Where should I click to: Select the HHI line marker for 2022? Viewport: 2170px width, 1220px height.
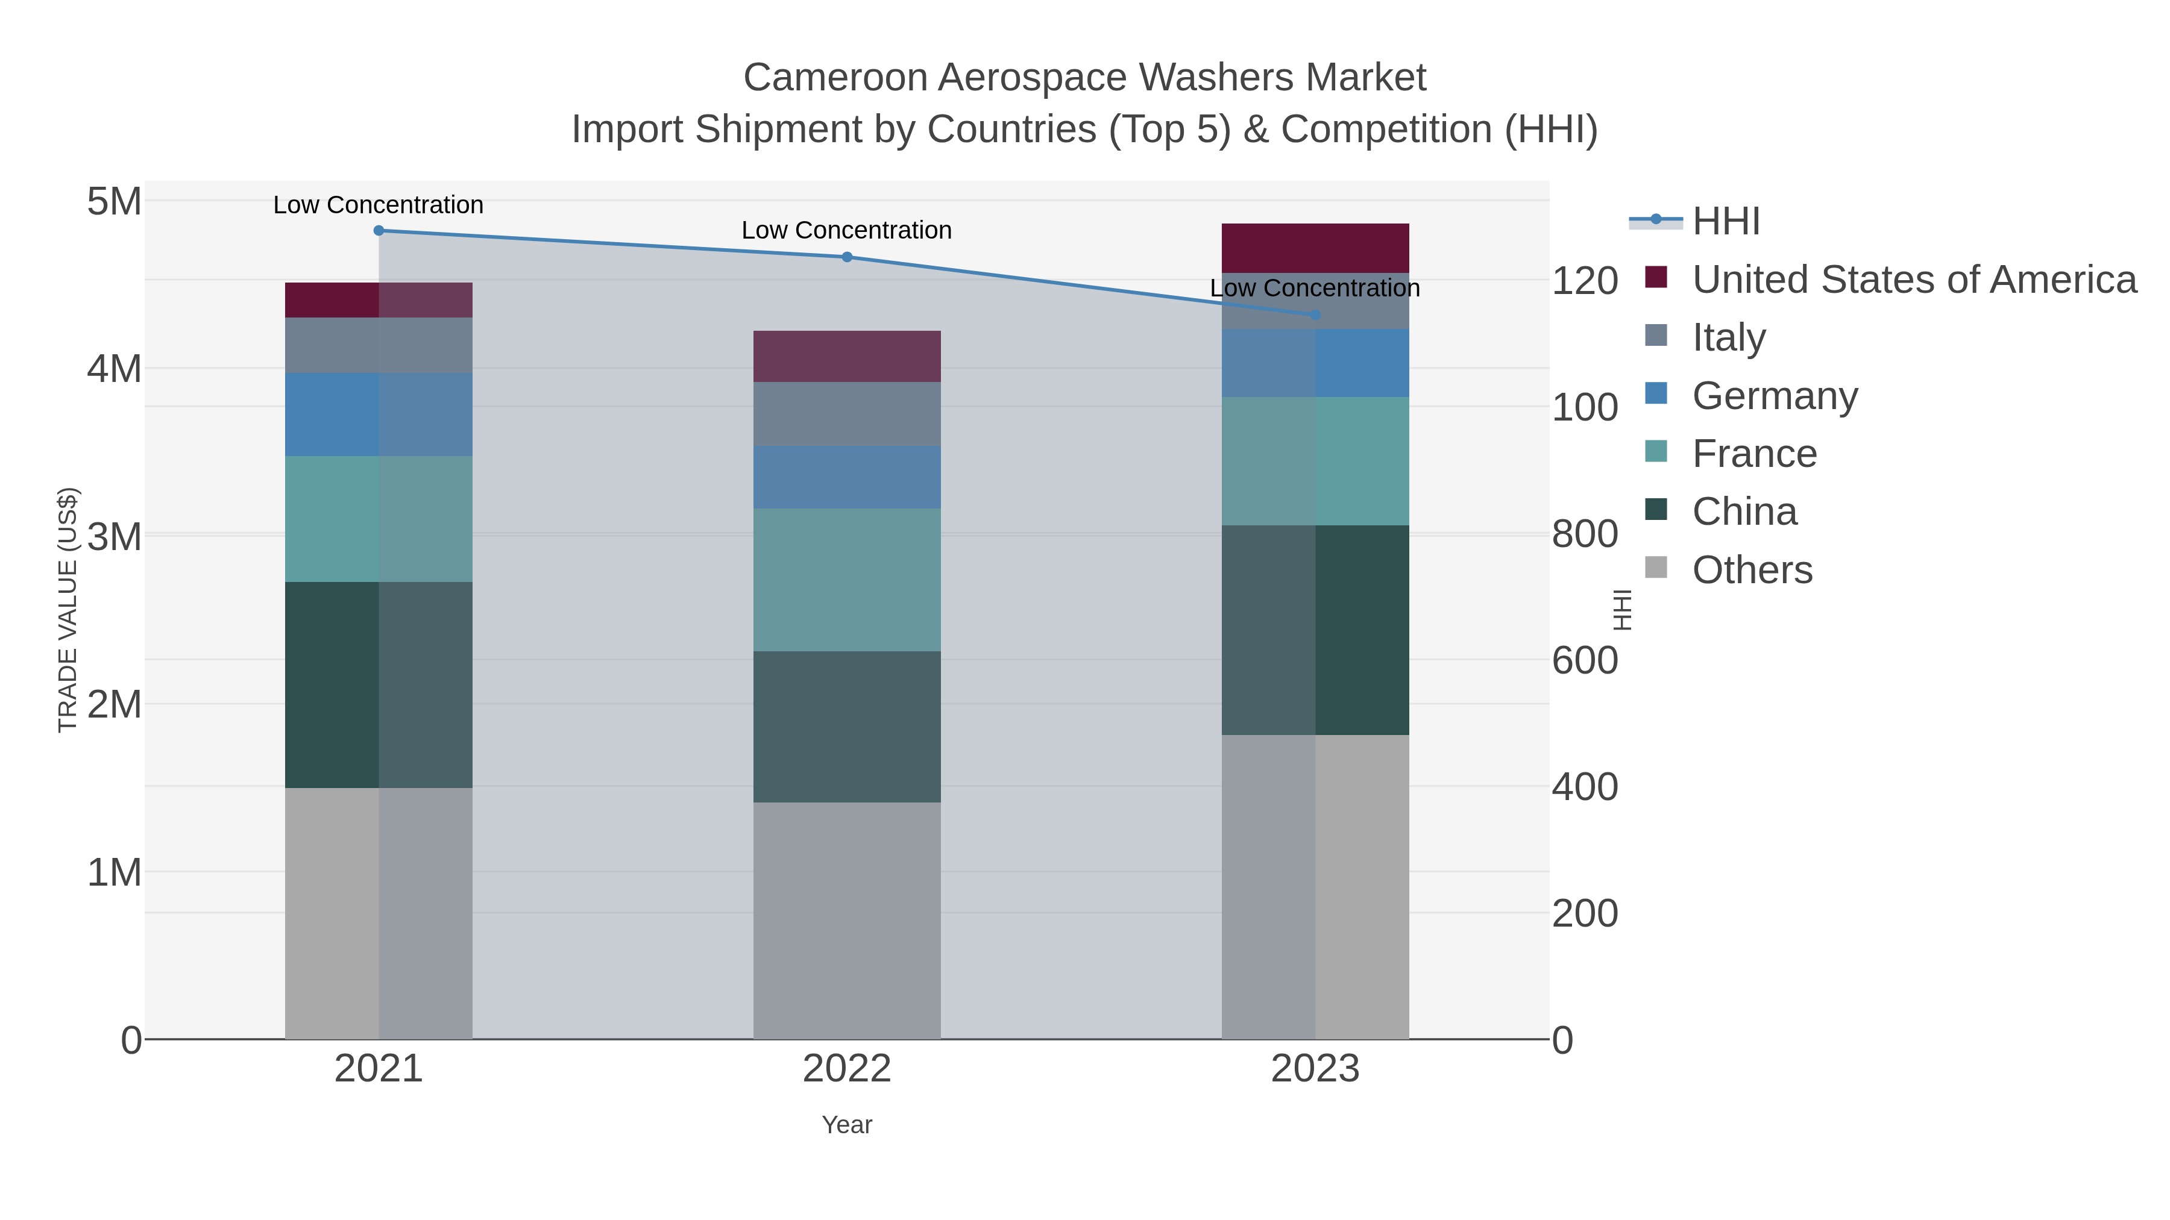pos(847,257)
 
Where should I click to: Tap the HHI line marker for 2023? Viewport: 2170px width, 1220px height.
pos(1315,315)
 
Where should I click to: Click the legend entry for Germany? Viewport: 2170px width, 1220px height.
pos(1774,396)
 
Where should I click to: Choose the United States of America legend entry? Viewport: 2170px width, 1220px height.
pos(1913,280)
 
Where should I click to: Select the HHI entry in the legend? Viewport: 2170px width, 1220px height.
pos(1725,222)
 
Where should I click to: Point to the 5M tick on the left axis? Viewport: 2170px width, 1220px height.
pos(114,202)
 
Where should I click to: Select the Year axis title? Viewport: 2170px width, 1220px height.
pos(847,1125)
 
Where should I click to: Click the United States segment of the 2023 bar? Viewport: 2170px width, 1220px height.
pos(1315,248)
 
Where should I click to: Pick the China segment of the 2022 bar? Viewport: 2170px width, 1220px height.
pos(847,727)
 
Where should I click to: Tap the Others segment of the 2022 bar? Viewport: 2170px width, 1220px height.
pos(847,920)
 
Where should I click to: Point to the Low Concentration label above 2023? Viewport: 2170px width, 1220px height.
pos(1315,288)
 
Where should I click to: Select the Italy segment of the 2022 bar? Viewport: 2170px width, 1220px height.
pos(847,414)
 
